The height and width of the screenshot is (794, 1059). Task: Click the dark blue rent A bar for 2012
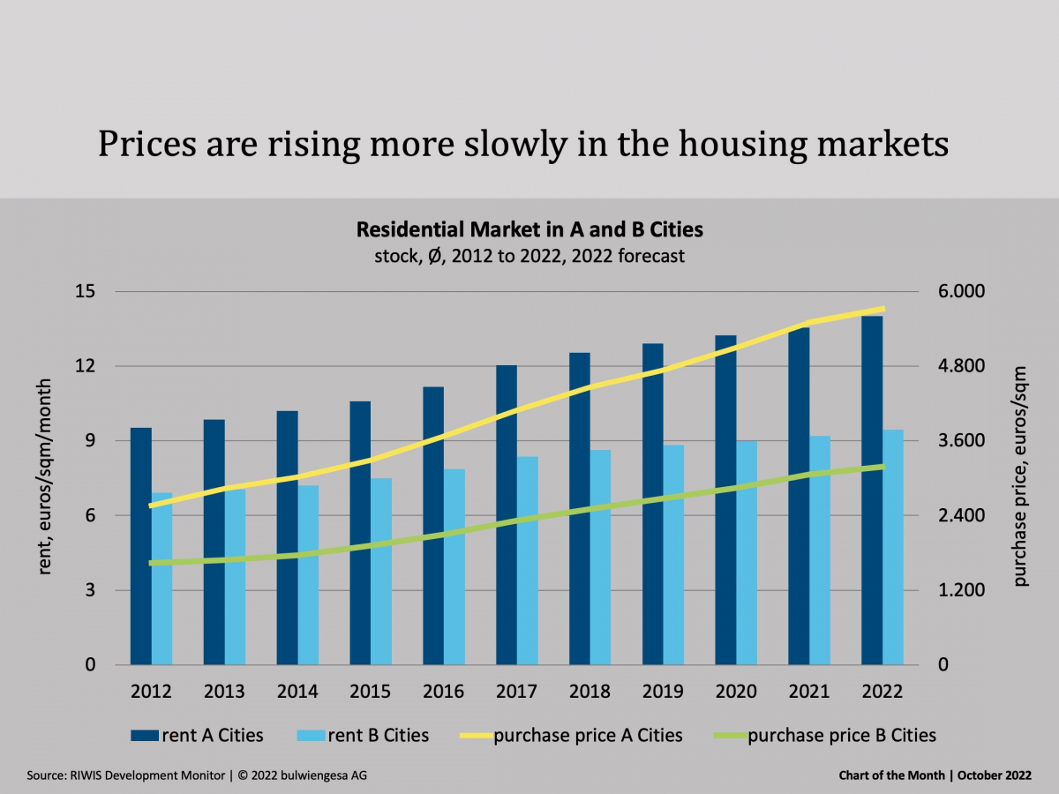(x=141, y=547)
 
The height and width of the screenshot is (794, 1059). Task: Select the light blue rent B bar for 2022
(x=893, y=547)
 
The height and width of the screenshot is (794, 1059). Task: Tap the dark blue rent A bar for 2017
(x=507, y=516)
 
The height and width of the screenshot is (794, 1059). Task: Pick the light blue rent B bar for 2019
(x=673, y=556)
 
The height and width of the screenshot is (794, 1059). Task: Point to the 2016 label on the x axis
(x=443, y=692)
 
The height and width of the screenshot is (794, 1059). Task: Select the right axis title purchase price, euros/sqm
(x=1021, y=476)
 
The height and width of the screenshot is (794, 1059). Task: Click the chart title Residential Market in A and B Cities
(x=529, y=230)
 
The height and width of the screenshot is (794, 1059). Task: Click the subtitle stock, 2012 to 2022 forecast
(x=529, y=258)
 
